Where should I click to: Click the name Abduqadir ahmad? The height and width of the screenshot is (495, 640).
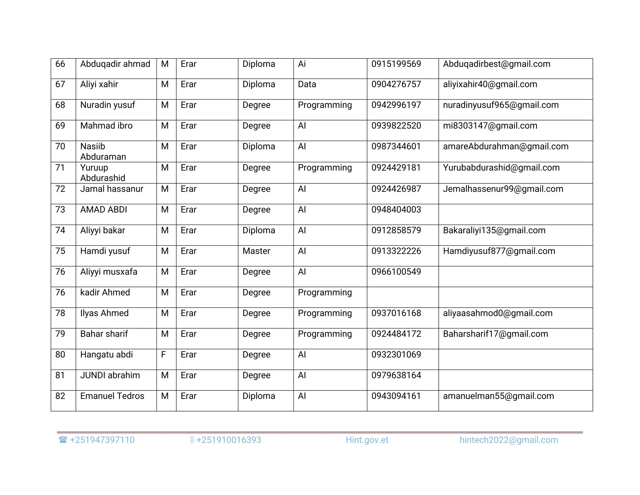pyautogui.click(x=115, y=64)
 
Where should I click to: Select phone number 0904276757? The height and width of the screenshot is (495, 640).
pyautogui.click(x=396, y=84)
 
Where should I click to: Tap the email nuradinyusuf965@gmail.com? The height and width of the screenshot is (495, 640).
pyautogui.click(x=501, y=105)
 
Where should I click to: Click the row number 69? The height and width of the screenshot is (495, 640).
pyautogui.click(x=60, y=126)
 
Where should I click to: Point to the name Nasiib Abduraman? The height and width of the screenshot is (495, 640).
pyautogui.click(x=103, y=151)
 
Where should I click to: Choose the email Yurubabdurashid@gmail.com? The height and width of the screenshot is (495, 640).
pyautogui.click(x=501, y=168)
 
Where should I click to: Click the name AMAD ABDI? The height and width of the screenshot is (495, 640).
pyautogui.click(x=103, y=210)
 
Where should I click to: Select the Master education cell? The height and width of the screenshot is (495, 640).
pyautogui.click(x=256, y=251)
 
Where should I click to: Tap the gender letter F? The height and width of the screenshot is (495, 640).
pyautogui.click(x=163, y=355)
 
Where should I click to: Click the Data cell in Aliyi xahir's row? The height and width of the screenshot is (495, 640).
pyautogui.click(x=307, y=84)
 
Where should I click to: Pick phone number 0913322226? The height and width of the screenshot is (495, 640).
pyautogui.click(x=396, y=251)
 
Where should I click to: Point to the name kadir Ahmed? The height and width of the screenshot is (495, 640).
pyautogui.click(x=105, y=293)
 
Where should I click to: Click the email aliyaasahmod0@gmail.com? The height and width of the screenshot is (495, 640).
pyautogui.click(x=497, y=313)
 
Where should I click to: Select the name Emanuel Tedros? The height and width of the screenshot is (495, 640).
pyautogui.click(x=112, y=396)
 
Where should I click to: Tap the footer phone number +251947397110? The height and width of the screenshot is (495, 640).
pyautogui.click(x=102, y=440)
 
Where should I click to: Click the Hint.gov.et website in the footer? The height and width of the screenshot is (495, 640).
pyautogui.click(x=367, y=440)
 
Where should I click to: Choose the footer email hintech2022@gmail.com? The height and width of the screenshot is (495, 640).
pyautogui.click(x=508, y=440)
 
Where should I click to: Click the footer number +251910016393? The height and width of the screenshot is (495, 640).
pyautogui.click(x=228, y=440)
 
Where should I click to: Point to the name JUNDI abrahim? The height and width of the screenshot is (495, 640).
pyautogui.click(x=110, y=375)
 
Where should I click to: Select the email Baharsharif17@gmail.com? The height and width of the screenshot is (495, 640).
pyautogui.click(x=495, y=334)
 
